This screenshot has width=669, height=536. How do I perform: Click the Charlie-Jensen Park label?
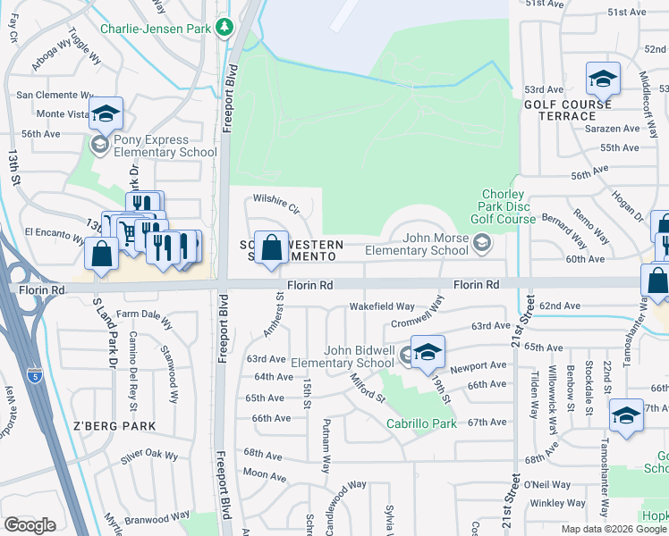(156, 28)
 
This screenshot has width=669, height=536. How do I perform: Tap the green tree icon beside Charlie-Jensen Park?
(224, 29)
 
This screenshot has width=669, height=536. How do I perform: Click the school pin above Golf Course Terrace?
(603, 79)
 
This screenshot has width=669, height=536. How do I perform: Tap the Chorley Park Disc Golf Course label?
(503, 207)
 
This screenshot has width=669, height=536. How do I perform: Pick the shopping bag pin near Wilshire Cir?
(271, 247)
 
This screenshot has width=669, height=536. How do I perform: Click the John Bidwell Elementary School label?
(346, 356)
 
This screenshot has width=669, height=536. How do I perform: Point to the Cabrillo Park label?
(421, 423)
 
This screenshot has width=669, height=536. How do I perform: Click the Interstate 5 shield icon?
(34, 376)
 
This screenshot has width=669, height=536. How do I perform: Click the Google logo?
(29, 525)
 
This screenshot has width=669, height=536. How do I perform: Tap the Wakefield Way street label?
(382, 306)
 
